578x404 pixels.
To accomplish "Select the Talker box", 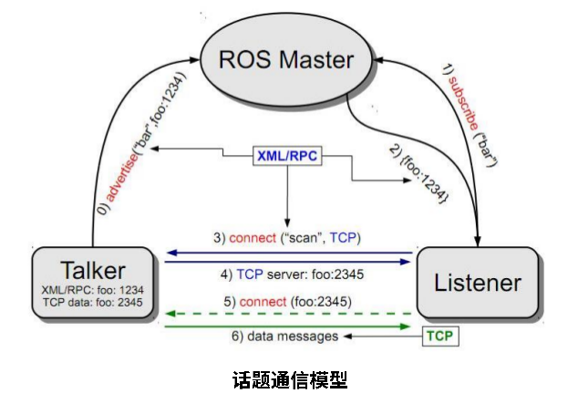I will coord(91,282).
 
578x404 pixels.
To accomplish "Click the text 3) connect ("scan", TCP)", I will coord(287,238).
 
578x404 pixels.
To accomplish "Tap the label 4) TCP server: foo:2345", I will coord(287,273).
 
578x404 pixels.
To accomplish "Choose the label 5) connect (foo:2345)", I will coord(287,300).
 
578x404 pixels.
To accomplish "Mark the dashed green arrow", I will coord(287,312).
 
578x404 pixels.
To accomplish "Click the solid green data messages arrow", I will coord(287,323).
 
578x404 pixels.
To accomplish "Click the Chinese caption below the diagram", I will coord(288,379).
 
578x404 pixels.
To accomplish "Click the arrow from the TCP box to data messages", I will coord(383,337).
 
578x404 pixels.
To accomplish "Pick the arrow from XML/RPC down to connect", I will coord(288,196).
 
